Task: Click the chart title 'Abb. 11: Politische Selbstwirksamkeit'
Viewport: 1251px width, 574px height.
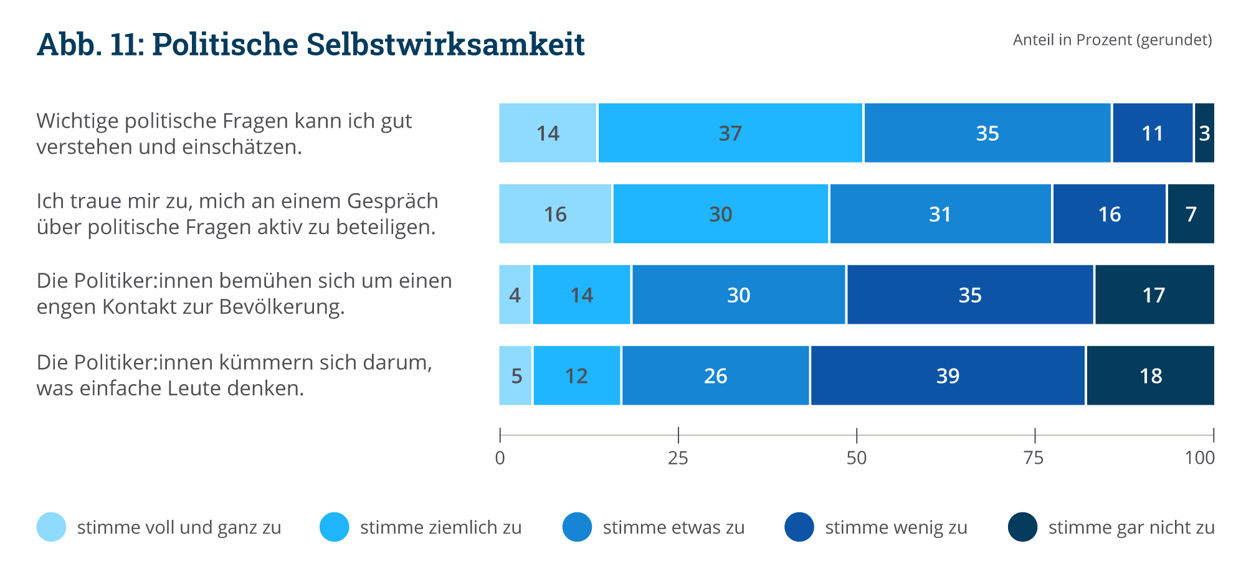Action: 310,45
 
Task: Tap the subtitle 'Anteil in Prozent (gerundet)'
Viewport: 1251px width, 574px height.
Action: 1112,40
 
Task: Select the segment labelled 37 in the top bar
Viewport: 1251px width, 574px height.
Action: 730,133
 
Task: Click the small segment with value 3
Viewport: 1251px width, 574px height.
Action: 1204,133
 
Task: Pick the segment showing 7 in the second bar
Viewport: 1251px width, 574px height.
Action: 1191,214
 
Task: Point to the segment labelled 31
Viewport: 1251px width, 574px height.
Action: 940,214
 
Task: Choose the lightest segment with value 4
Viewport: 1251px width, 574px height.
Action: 515,295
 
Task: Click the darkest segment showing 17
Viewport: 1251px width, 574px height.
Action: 1154,295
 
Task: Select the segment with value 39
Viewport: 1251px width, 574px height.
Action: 948,376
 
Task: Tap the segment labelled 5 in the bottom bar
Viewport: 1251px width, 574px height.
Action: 516,376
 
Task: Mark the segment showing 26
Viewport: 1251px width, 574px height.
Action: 715,376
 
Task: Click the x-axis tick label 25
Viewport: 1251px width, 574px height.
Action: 678,459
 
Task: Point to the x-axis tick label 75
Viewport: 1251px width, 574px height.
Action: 1034,459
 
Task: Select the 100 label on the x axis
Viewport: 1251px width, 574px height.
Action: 1199,459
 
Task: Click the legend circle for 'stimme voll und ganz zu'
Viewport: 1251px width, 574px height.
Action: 51,527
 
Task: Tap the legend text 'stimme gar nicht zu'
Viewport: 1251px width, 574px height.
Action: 1131,528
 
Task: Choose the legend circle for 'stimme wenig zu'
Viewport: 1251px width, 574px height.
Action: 799,527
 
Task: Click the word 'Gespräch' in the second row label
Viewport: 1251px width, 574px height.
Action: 392,202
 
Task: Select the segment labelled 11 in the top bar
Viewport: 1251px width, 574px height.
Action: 1152,133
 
